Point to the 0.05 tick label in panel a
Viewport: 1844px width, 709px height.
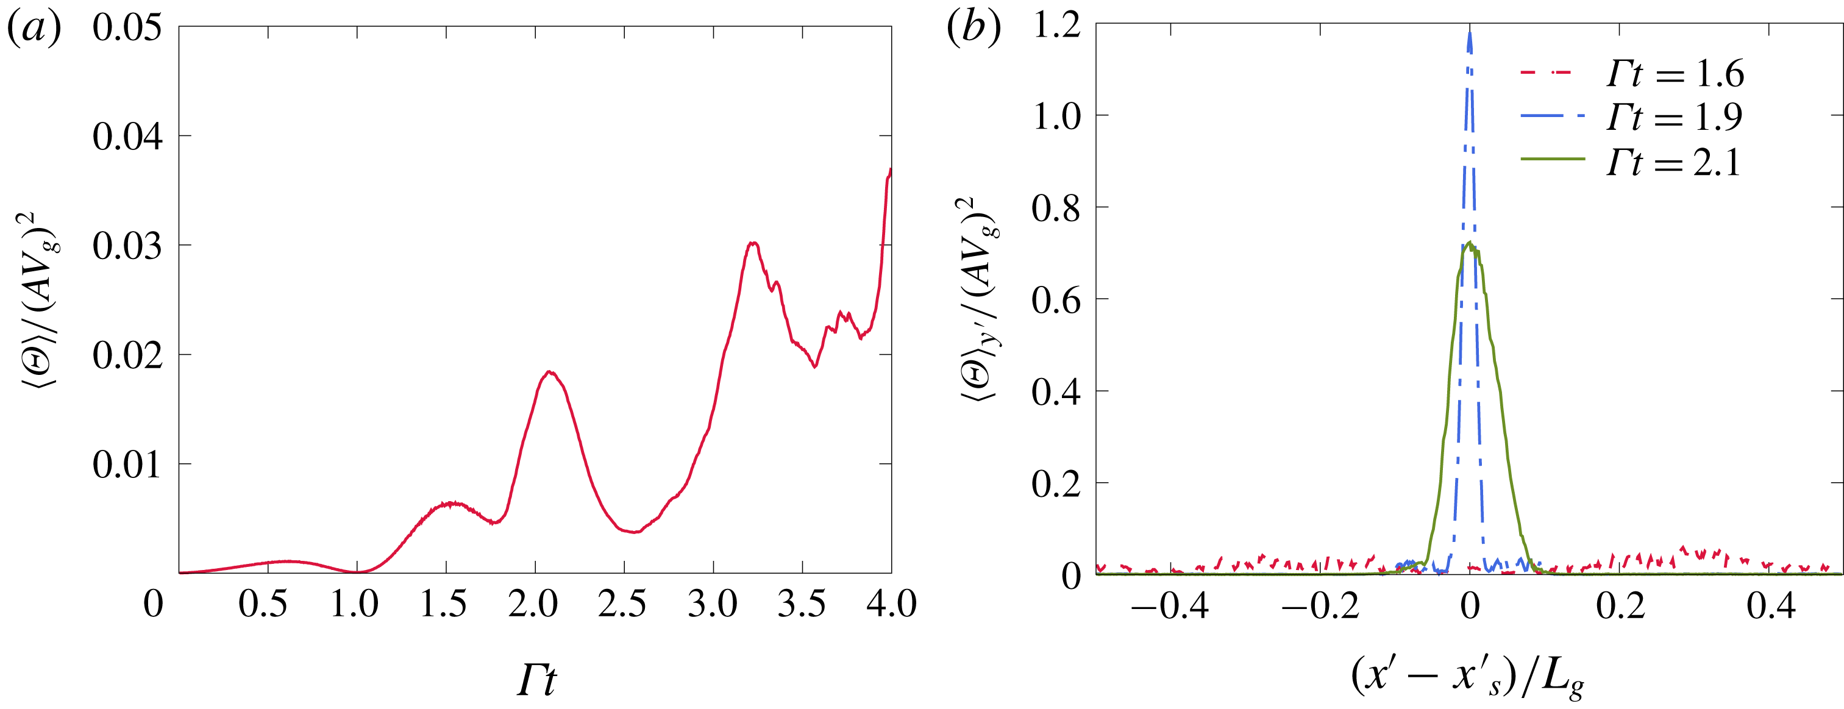[x=127, y=28]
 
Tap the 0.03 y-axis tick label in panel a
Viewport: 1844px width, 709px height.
[x=127, y=246]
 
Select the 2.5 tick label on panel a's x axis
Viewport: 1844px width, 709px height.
[x=622, y=604]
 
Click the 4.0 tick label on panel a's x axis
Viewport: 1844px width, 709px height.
[x=891, y=604]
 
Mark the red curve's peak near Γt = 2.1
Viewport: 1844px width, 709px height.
[x=549, y=372]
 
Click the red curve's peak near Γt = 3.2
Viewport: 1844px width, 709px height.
[x=752, y=243]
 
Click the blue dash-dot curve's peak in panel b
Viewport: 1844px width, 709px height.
[x=1470, y=33]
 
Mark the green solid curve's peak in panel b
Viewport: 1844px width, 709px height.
[x=1470, y=243]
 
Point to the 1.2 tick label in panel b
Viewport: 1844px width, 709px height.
[x=1056, y=26]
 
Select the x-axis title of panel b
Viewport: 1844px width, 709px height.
[x=1467, y=677]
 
